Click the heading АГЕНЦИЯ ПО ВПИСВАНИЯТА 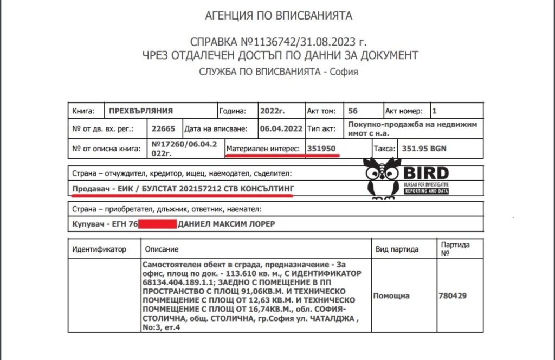tap(278, 16)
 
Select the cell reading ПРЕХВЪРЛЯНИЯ tap(141, 111)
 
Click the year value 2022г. tap(272, 111)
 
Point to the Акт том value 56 tap(353, 111)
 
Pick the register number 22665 tap(162, 129)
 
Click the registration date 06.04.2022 tap(281, 129)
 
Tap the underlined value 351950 tap(322, 148)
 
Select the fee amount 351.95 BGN tap(424, 148)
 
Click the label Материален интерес tap(264, 148)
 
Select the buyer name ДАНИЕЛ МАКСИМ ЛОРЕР tap(230, 224)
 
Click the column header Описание tap(161, 249)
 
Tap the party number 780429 tap(452, 296)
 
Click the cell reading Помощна tap(391, 296)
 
